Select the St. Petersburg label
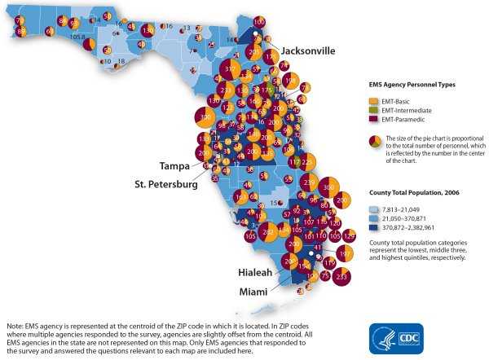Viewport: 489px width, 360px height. [166, 184]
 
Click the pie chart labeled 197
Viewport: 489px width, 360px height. [345, 255]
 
